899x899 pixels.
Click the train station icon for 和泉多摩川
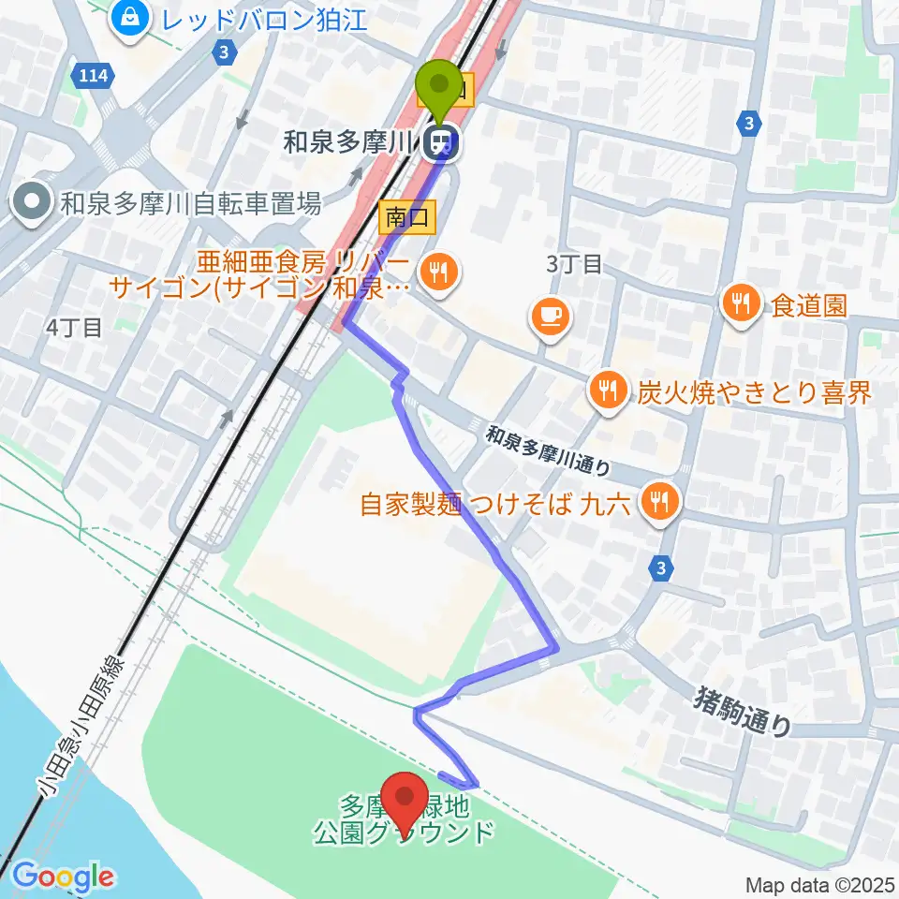(440, 143)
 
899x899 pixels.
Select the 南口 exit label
(408, 218)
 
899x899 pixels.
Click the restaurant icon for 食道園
(740, 302)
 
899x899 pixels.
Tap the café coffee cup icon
(549, 317)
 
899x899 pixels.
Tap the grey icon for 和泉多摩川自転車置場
(31, 200)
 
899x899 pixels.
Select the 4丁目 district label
(73, 327)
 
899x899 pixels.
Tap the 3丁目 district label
(574, 265)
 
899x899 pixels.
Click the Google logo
(62, 877)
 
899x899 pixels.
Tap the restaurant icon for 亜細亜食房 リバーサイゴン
(435, 273)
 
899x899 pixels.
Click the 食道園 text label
(810, 303)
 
